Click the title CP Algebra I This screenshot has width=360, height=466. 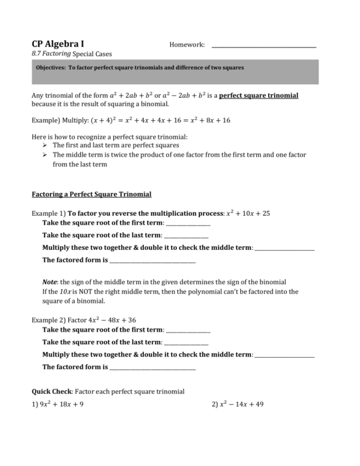coord(58,44)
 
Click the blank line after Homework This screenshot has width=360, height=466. coord(264,47)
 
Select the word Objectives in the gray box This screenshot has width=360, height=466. coord(50,68)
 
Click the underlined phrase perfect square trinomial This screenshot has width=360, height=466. coord(259,95)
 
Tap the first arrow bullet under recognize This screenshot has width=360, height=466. coord(45,145)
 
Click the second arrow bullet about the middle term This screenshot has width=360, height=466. coord(45,155)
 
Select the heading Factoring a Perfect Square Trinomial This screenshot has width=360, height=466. coord(91,194)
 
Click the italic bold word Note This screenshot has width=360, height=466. coord(50,281)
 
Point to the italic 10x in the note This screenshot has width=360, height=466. coord(66,291)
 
